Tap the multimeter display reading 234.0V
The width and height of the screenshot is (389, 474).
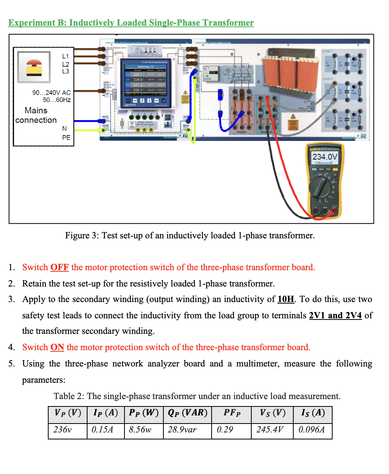pos(325,157)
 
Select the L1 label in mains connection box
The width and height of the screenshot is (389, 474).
pos(65,57)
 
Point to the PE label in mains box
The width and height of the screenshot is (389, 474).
pos(66,137)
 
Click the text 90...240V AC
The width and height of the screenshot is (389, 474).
pos(51,92)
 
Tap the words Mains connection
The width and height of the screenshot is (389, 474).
pos(36,115)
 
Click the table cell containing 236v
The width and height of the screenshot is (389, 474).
pos(67,430)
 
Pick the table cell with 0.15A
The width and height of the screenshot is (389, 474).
pos(105,430)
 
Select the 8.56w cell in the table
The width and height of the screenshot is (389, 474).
pos(144,430)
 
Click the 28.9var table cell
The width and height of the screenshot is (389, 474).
pos(187,430)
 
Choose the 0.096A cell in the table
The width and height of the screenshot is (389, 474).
pos(312,430)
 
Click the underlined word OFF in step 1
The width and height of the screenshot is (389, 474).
pos(60,267)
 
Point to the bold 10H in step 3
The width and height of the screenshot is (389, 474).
pos(286,299)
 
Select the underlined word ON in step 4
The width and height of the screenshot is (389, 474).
pos(57,347)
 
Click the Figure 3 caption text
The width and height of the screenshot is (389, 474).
pos(190,236)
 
